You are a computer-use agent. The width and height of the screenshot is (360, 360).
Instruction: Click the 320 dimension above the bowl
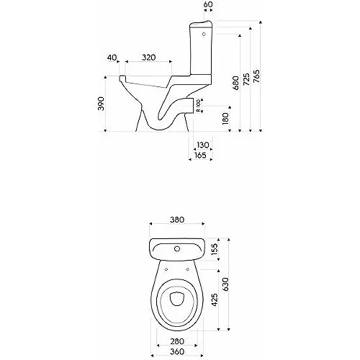click(148, 56)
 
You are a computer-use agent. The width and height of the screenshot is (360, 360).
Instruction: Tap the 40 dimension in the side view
click(111, 56)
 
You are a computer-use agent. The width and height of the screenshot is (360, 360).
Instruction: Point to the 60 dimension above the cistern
click(209, 5)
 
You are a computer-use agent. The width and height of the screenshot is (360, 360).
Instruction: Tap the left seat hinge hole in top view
click(167, 270)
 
